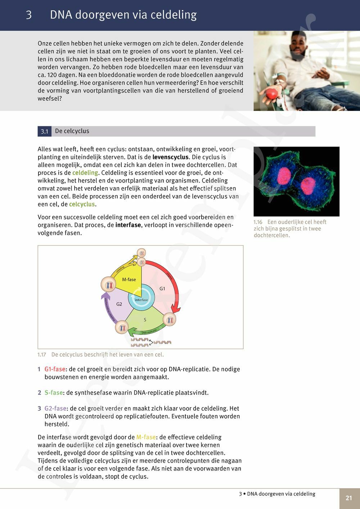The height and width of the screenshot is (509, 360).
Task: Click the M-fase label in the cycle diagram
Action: click(x=129, y=279)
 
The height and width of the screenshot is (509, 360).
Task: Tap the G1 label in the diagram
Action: click(x=162, y=288)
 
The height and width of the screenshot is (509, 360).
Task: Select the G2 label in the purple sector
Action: click(x=119, y=304)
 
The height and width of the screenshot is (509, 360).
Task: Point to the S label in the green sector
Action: click(x=145, y=320)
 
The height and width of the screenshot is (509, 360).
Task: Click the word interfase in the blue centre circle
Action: click(x=141, y=300)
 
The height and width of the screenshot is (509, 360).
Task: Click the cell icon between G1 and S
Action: click(x=170, y=319)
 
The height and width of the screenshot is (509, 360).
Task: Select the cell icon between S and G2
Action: click(x=123, y=328)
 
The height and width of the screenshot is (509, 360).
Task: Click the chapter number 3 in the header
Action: click(x=29, y=15)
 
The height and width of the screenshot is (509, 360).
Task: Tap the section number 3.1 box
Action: click(x=45, y=131)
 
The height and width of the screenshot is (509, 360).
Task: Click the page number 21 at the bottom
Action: click(x=349, y=498)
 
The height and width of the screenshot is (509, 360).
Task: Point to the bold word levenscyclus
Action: click(x=170, y=157)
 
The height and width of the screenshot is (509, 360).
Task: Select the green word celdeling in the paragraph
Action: click(x=85, y=173)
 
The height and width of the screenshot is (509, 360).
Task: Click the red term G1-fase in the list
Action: click(x=55, y=369)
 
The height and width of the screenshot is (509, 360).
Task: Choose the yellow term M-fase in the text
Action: click(x=146, y=437)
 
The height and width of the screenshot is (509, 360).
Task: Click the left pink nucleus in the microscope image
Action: click(x=284, y=175)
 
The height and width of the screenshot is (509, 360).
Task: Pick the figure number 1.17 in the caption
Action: click(x=42, y=355)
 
